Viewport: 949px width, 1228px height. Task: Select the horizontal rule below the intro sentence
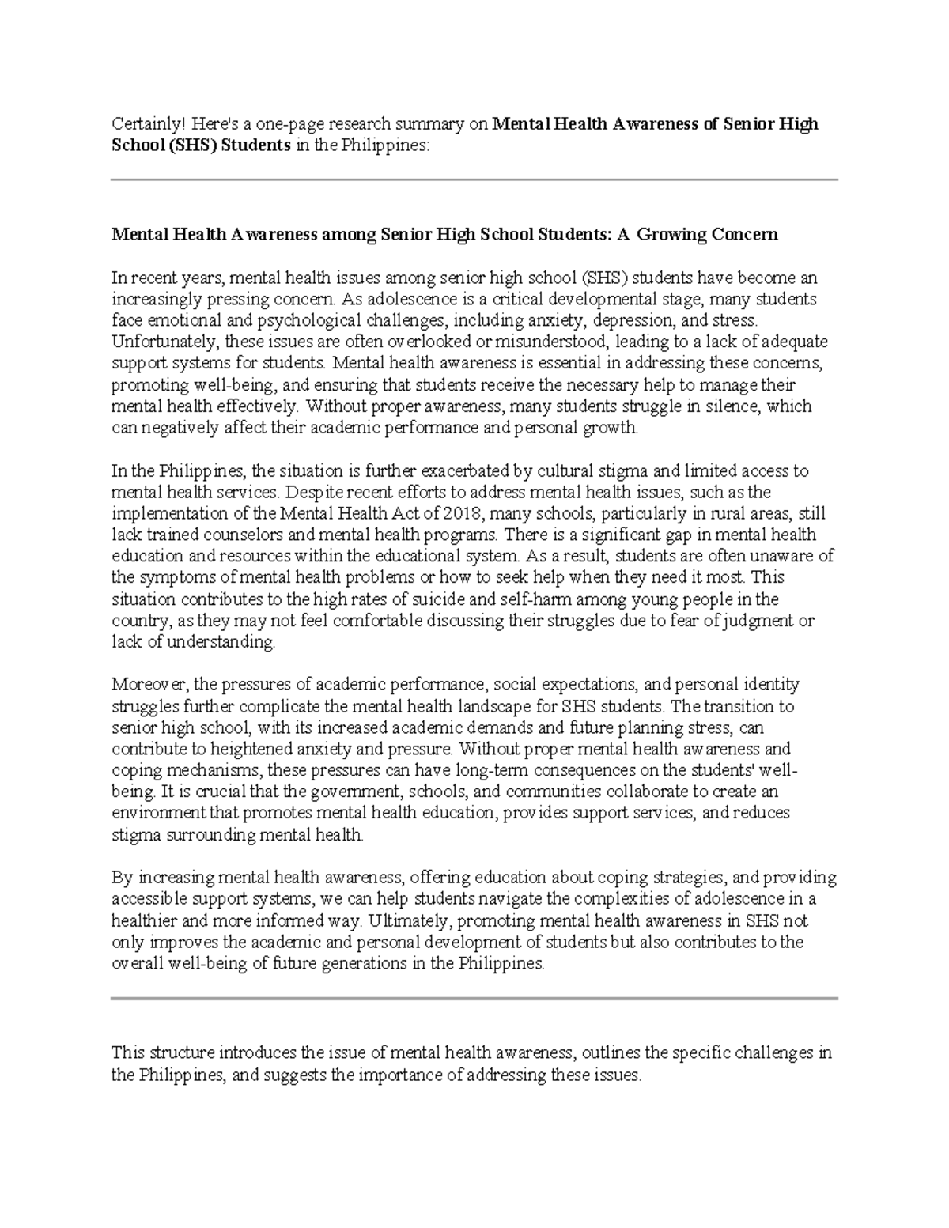(x=474, y=180)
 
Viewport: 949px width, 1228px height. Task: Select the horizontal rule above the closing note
(x=474, y=999)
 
